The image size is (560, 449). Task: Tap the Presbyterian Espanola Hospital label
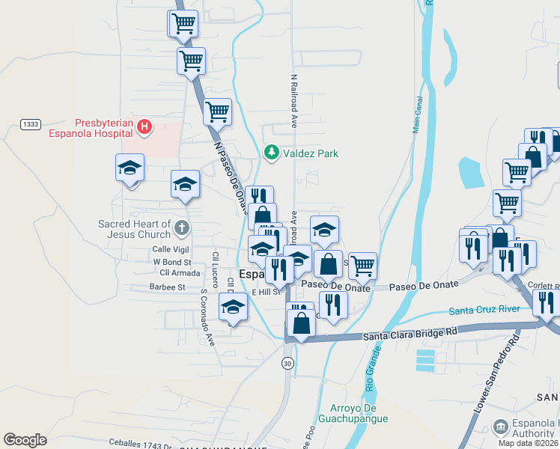106,128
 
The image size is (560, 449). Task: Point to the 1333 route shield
31,124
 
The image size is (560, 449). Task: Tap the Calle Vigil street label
172,249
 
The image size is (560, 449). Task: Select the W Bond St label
172,262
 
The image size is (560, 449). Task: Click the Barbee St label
167,286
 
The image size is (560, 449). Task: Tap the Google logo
25,439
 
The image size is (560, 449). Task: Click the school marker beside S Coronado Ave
233,308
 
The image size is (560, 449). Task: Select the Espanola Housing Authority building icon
500,427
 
